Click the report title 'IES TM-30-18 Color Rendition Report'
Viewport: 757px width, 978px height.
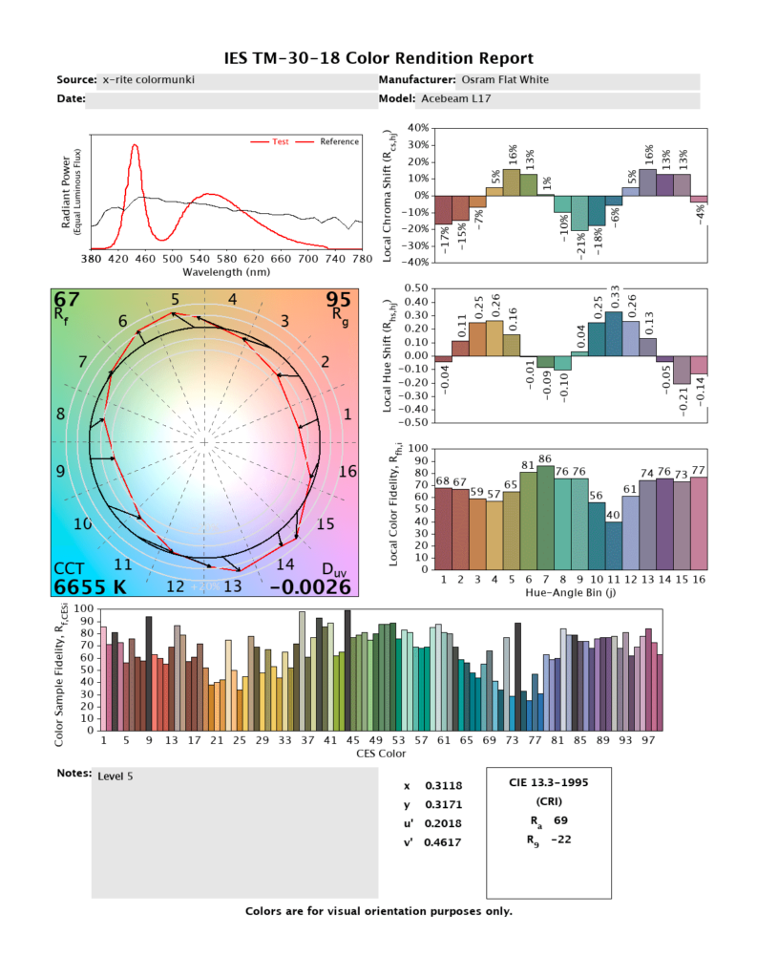[x=378, y=58]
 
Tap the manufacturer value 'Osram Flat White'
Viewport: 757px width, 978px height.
[x=505, y=80]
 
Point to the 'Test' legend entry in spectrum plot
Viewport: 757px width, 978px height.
[x=281, y=141]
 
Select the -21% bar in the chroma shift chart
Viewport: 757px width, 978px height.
[x=579, y=213]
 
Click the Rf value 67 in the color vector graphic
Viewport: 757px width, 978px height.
[x=67, y=302]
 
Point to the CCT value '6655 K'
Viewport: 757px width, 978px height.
[x=88, y=585]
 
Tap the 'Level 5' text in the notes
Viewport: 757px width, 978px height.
[x=116, y=776]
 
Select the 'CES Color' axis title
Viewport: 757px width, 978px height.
[x=381, y=754]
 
